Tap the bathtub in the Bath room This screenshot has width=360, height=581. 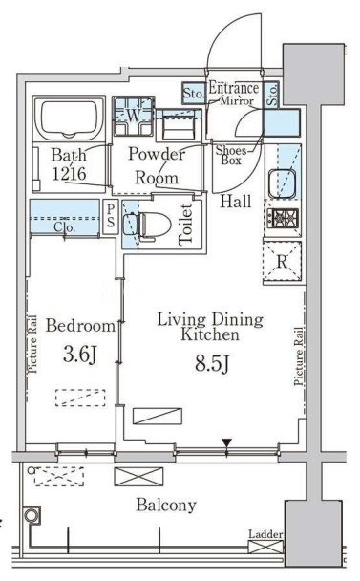[x=70, y=118]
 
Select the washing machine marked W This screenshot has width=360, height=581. [x=134, y=116]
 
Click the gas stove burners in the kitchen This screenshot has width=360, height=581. [x=284, y=219]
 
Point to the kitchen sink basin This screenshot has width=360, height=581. [x=282, y=183]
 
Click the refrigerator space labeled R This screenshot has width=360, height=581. [x=283, y=262]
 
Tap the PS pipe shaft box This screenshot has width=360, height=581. [x=111, y=217]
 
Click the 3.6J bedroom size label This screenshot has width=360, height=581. [x=79, y=355]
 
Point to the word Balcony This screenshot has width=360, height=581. [x=166, y=505]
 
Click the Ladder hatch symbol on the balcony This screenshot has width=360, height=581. [x=265, y=547]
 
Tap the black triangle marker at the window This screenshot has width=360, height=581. [x=226, y=442]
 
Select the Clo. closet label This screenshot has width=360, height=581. [x=64, y=226]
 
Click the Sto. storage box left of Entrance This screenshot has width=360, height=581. [x=193, y=93]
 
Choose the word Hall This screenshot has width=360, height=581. [x=236, y=202]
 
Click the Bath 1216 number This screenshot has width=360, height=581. [x=70, y=173]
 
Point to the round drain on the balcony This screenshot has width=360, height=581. [x=32, y=515]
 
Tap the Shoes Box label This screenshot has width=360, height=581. [x=231, y=155]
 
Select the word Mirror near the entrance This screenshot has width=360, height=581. [x=237, y=100]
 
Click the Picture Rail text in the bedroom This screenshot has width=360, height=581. [x=32, y=344]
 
